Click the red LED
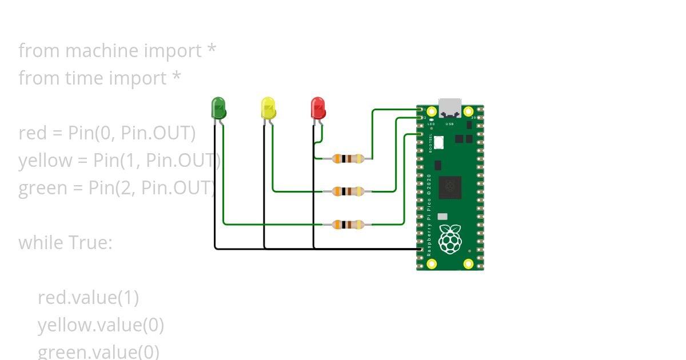click(317, 107)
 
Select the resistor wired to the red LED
click(348, 159)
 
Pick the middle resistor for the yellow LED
click(348, 191)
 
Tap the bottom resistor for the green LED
click(348, 225)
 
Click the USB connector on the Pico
click(450, 106)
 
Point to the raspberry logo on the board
click(450, 238)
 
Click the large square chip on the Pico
click(450, 187)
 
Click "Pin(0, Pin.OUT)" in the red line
click(131, 133)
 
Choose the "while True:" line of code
click(65, 243)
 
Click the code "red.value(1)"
click(88, 298)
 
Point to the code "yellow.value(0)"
click(101, 325)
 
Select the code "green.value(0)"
click(98, 351)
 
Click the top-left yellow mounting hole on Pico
click(432, 111)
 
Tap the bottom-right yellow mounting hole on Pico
click(468, 263)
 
